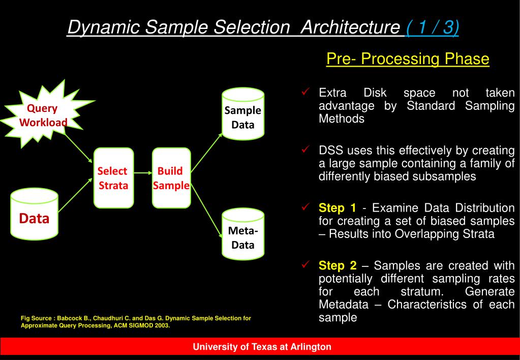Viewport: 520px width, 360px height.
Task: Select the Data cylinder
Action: click(35, 215)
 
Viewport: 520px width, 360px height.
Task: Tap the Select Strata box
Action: click(113, 177)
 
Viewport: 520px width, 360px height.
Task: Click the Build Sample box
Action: click(171, 177)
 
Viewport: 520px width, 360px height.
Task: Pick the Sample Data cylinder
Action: click(243, 115)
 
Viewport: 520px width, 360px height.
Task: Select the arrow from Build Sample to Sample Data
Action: click(206, 152)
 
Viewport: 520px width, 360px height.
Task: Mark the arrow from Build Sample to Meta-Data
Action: click(206, 206)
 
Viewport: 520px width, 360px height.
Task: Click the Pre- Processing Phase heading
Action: click(408, 59)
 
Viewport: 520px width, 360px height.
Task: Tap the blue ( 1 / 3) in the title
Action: click(433, 27)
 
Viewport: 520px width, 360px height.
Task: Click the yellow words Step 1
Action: click(338, 208)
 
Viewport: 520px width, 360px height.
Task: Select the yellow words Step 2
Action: click(338, 266)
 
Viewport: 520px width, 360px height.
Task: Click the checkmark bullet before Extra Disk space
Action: click(306, 92)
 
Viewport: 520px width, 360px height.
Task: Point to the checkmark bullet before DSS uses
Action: click(306, 149)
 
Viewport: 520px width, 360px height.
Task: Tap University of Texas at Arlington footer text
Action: click(262, 347)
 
